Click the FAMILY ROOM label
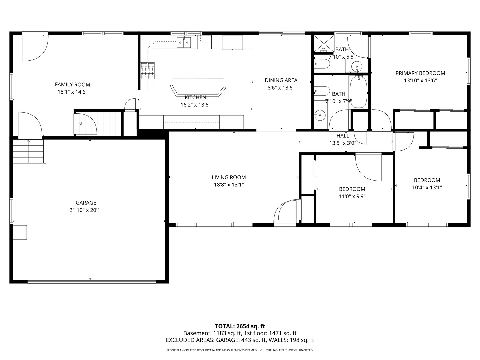pyautogui.click(x=72, y=85)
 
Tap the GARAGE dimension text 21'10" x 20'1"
pyautogui.click(x=86, y=210)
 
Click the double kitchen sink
pyautogui.click(x=184, y=42)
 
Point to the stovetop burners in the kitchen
pyautogui.click(x=148, y=71)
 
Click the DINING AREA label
pyautogui.click(x=281, y=80)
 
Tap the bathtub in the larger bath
pyautogui.click(x=359, y=92)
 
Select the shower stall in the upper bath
pyautogui.click(x=324, y=44)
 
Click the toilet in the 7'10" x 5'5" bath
pyautogui.click(x=322, y=64)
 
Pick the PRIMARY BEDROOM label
pyautogui.click(x=420, y=73)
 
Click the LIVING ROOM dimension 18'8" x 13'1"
pyautogui.click(x=229, y=185)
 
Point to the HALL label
pyautogui.click(x=343, y=136)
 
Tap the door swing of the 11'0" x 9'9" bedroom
pyautogui.click(x=369, y=168)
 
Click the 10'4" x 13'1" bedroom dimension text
pyautogui.click(x=427, y=188)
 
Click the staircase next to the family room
pyautogui.click(x=98, y=123)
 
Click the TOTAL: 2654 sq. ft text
pyautogui.click(x=240, y=326)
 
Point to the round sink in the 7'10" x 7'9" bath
pyautogui.click(x=320, y=115)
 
